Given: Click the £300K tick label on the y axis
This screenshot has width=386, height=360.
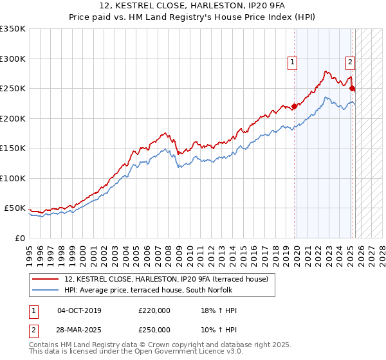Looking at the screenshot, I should [x=12, y=59].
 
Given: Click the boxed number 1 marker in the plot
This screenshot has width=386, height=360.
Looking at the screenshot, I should [x=292, y=62].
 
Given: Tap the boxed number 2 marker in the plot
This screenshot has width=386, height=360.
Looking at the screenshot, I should [x=349, y=62].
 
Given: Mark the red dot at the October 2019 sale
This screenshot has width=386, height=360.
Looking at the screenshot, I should [x=294, y=106].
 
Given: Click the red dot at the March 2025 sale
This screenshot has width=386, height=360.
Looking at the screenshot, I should [x=353, y=88].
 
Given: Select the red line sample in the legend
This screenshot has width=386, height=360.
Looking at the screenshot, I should [x=46, y=279].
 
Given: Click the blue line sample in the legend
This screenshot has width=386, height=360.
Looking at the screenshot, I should [x=46, y=290].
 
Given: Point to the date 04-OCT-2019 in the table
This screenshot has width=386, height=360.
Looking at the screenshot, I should [x=79, y=310].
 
